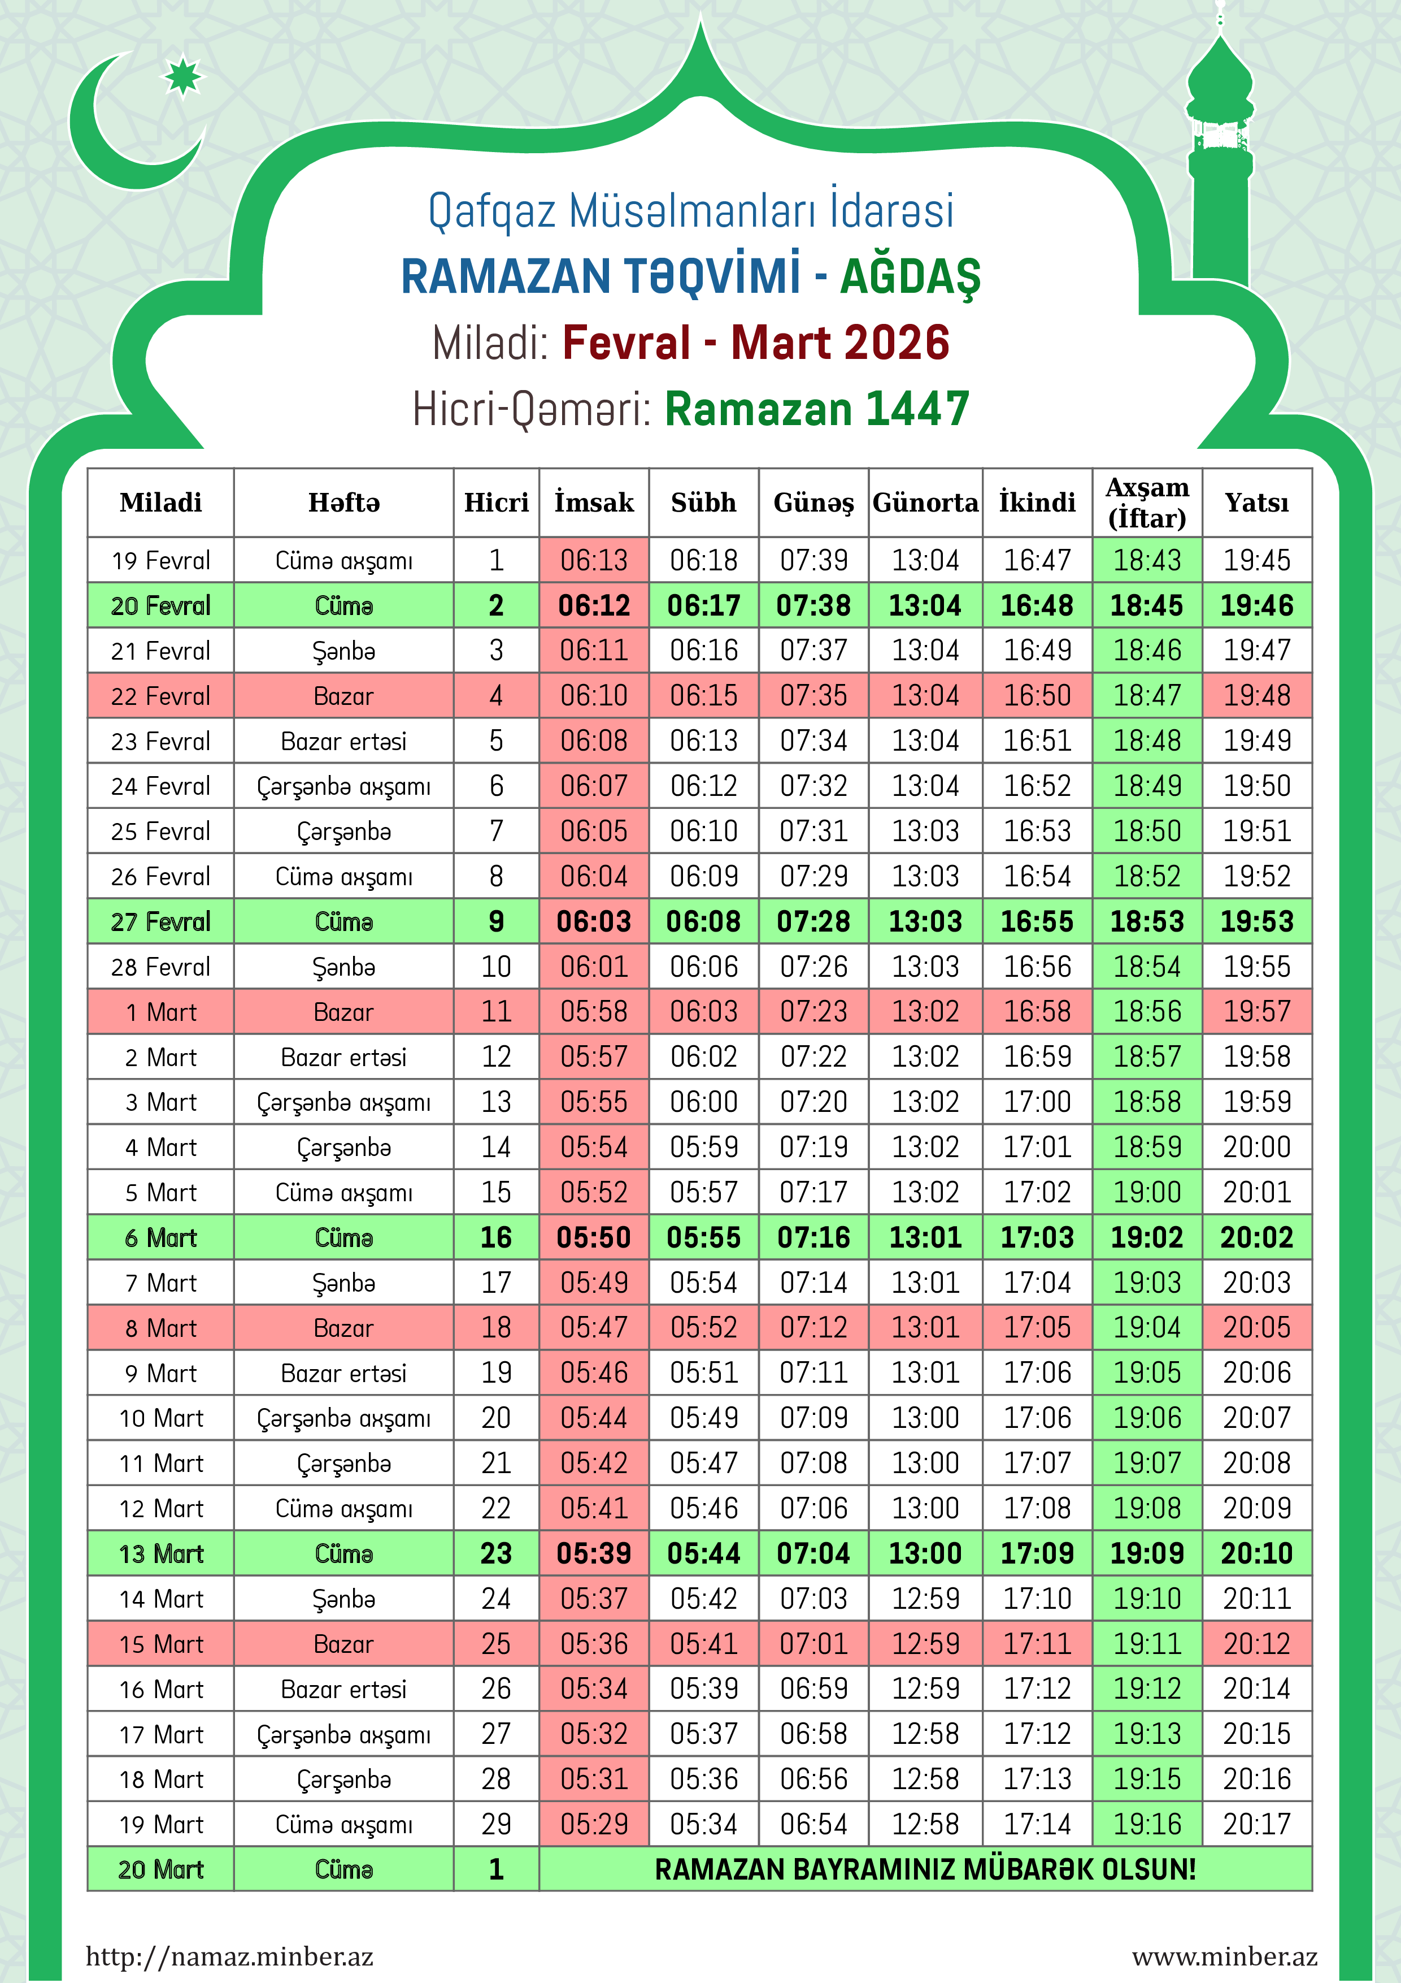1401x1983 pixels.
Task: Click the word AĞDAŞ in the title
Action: tap(910, 277)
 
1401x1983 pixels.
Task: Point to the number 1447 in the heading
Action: tap(917, 409)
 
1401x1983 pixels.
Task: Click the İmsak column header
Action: tap(594, 503)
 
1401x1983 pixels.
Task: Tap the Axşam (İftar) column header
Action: tap(1147, 503)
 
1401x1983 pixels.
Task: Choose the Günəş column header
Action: tap(813, 503)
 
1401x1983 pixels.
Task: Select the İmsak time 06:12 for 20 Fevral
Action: tap(594, 605)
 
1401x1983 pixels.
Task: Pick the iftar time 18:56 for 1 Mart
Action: tap(1147, 1011)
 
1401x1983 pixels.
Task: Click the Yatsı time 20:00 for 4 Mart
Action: tap(1257, 1147)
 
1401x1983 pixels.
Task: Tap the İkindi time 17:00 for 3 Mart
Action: tap(1037, 1102)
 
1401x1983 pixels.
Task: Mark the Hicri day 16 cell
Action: tap(497, 1237)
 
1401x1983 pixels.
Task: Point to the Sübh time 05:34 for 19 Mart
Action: tap(703, 1824)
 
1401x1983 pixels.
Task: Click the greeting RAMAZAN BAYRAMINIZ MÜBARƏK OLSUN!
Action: tap(925, 1870)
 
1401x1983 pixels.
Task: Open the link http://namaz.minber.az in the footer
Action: tap(229, 1956)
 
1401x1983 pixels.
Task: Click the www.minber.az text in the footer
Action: tap(1224, 1956)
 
